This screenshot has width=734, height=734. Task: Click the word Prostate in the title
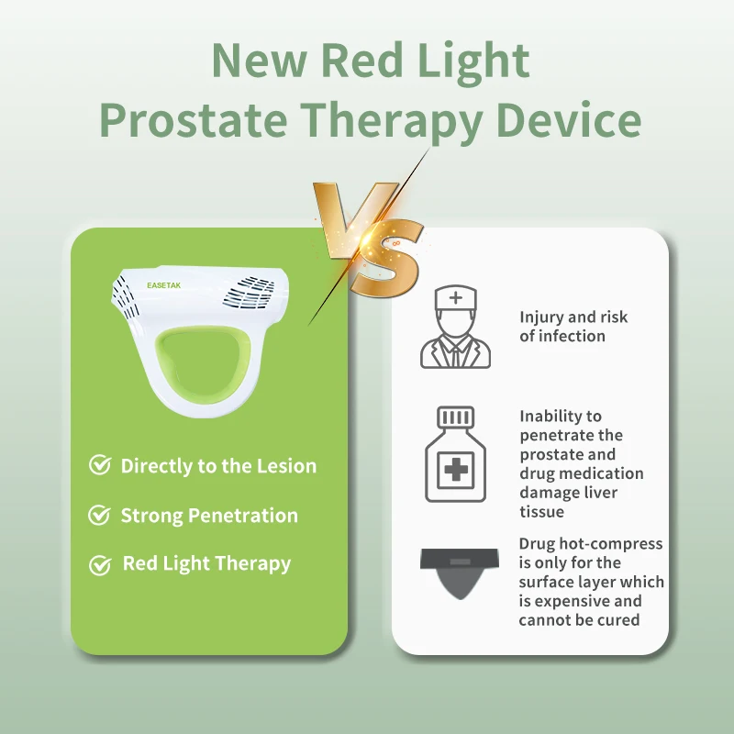point(194,120)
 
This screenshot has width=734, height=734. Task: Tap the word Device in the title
point(569,119)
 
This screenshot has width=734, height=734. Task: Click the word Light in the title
point(473,61)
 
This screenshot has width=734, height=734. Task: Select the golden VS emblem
point(369,239)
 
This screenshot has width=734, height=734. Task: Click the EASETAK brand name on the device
point(164,285)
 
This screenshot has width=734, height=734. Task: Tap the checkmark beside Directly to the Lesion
point(100,465)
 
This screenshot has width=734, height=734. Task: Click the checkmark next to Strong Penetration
point(100,515)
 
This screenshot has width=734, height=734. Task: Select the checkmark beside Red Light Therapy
point(100,564)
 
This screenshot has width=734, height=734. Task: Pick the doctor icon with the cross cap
point(455,328)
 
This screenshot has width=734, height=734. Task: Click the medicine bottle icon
point(455,454)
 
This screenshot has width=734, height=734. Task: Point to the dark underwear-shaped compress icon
point(460,573)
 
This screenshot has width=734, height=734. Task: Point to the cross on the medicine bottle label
point(455,470)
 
